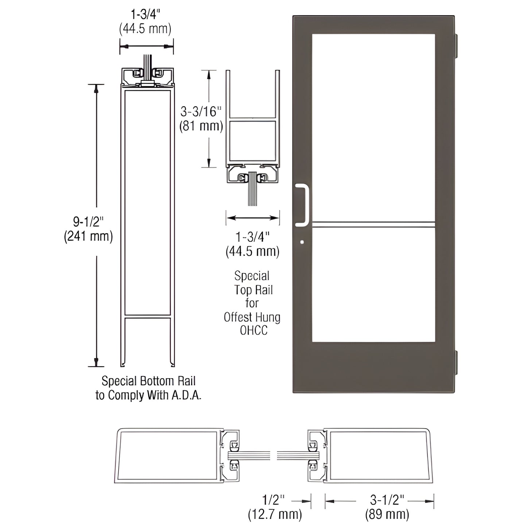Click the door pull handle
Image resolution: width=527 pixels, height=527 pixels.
(x=303, y=205)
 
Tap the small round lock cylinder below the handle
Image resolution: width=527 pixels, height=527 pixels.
(x=301, y=241)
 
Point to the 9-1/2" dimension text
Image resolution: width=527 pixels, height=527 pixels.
(x=88, y=222)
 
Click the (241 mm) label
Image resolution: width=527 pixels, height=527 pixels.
(x=88, y=236)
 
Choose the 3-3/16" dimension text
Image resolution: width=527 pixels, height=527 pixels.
(x=201, y=112)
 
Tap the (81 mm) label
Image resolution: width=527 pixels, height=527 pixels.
(x=201, y=126)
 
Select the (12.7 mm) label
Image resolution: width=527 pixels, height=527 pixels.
(x=275, y=514)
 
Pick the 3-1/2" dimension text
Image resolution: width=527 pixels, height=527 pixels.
(x=387, y=500)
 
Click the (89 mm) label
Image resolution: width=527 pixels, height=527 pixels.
(x=387, y=514)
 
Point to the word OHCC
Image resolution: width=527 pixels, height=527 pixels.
(x=253, y=330)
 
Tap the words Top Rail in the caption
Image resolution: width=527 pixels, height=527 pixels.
(x=253, y=290)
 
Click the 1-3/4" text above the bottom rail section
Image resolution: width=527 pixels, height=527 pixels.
(x=146, y=14)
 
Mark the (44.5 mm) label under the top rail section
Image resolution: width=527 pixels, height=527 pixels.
(x=253, y=252)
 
